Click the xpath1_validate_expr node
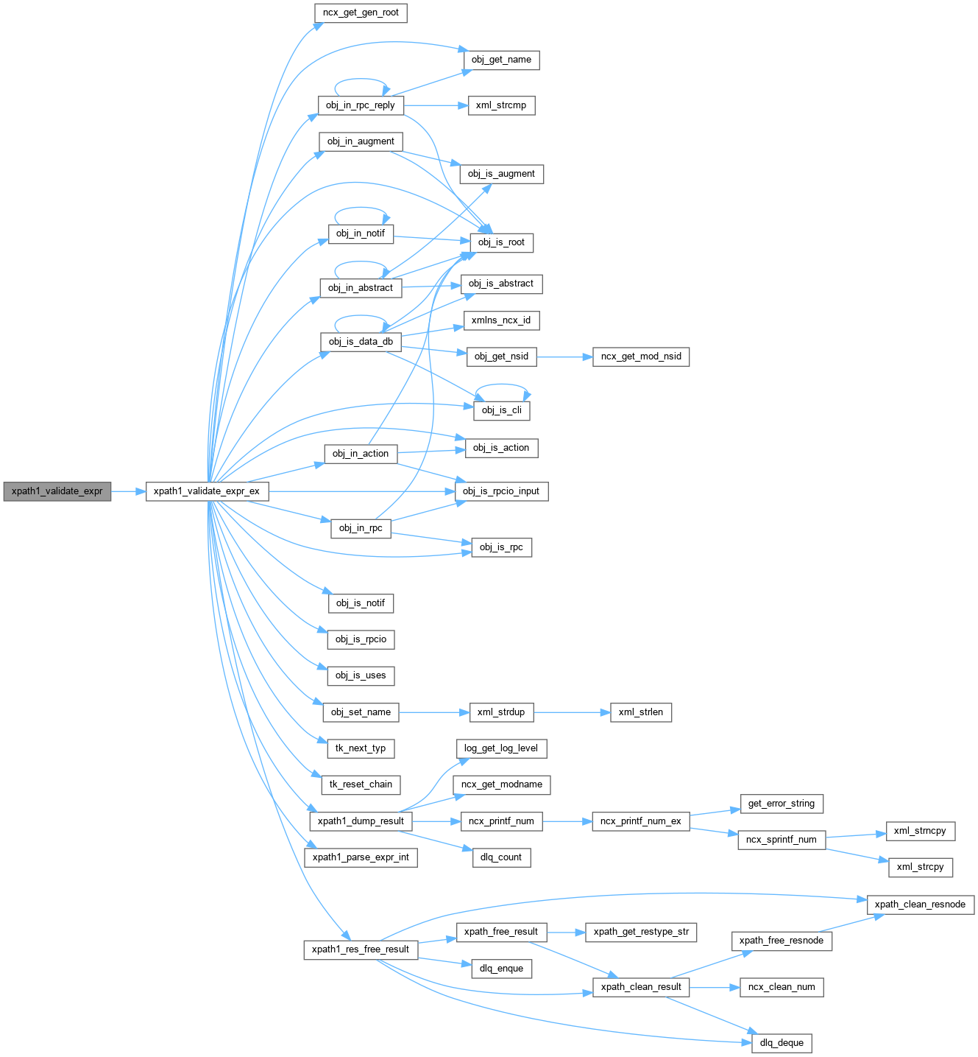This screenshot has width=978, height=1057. (x=57, y=491)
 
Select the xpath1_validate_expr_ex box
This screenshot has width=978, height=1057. (x=207, y=491)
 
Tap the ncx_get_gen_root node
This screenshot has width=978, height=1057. (x=361, y=13)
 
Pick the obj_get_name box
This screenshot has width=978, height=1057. (x=501, y=60)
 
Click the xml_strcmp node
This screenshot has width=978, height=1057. (x=501, y=105)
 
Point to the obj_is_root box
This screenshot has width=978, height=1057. (x=501, y=242)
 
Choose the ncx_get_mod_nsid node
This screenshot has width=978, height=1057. (x=641, y=357)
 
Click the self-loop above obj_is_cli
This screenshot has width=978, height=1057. (x=501, y=385)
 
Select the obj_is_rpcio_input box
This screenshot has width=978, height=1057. (x=501, y=491)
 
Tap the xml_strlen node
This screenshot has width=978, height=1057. (x=641, y=712)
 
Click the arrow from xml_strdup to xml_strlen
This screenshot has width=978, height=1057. (x=572, y=712)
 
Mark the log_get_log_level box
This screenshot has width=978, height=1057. (x=501, y=748)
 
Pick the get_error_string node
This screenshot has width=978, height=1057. (x=782, y=804)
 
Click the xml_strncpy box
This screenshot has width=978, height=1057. (x=920, y=831)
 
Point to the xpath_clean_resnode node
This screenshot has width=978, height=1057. (x=920, y=905)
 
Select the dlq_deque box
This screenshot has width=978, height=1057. (x=782, y=1043)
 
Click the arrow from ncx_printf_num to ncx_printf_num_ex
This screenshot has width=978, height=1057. (x=567, y=821)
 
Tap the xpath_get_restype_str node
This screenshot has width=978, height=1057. (x=641, y=932)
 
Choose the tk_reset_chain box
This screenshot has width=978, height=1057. (x=361, y=784)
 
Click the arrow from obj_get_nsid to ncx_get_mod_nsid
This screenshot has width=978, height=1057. (x=564, y=357)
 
